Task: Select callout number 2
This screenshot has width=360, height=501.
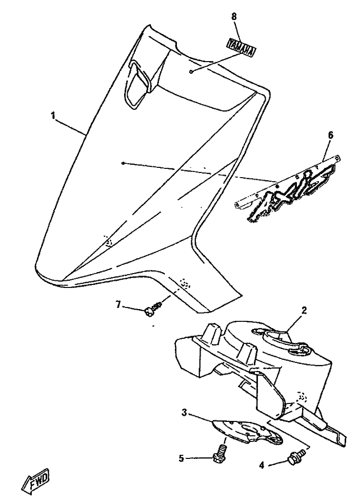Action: point(304,310)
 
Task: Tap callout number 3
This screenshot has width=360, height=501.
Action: point(184,413)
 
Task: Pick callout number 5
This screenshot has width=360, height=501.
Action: point(182,459)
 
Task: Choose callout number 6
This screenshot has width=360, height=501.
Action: point(330,135)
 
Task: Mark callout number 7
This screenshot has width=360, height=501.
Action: point(118,305)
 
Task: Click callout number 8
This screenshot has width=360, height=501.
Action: point(234,16)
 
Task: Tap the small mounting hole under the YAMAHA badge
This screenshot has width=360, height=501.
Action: point(191,71)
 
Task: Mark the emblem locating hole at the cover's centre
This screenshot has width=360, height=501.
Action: point(123,164)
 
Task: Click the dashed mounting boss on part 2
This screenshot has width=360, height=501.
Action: point(302,397)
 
